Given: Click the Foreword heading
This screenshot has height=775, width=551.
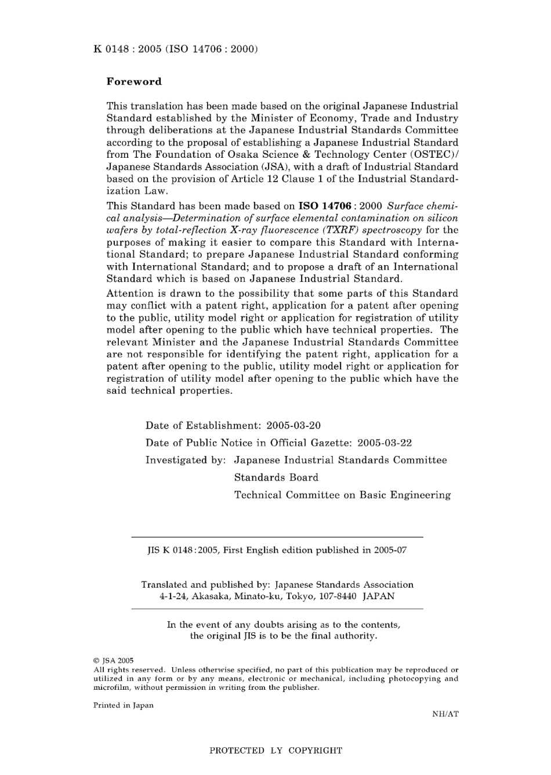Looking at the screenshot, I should coord(134,82).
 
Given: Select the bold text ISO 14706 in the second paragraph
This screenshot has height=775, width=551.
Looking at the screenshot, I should coord(324,206).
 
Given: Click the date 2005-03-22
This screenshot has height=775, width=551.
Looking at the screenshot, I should coord(385,443).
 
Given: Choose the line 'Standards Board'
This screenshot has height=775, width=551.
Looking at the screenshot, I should coord(276,477).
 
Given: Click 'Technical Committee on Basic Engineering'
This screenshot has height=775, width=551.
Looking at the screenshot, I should coord(342,495).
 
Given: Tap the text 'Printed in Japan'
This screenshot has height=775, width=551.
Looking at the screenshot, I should coord(124,705).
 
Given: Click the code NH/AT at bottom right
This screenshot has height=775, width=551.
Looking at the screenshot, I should coord(445,714).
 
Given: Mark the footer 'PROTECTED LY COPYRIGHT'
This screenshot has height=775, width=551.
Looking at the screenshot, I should coord(275,751).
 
